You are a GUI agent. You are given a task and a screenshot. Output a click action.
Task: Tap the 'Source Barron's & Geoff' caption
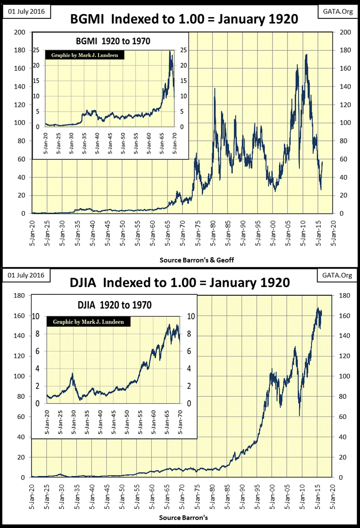pos(197,260)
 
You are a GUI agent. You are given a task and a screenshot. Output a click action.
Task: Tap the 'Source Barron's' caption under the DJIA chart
pos(183,518)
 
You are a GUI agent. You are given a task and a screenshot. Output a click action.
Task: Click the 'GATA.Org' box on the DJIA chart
pos(337,275)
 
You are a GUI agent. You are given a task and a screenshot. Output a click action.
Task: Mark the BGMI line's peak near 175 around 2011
pos(306,55)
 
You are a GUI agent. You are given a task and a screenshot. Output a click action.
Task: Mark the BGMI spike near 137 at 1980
pos(214,88)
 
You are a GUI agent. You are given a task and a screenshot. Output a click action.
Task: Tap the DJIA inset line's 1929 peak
pos(72,374)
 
